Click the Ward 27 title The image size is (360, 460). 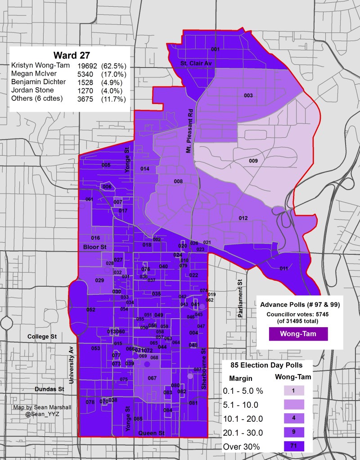(x=71, y=55)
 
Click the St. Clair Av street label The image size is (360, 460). (x=196, y=63)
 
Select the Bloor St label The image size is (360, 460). (x=94, y=248)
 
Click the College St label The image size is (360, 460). (x=40, y=336)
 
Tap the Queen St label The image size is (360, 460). (x=151, y=433)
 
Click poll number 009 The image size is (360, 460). (x=253, y=161)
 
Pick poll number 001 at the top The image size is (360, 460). (x=215, y=49)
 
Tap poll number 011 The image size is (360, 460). (x=283, y=269)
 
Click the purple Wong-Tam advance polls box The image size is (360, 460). (x=297, y=334)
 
